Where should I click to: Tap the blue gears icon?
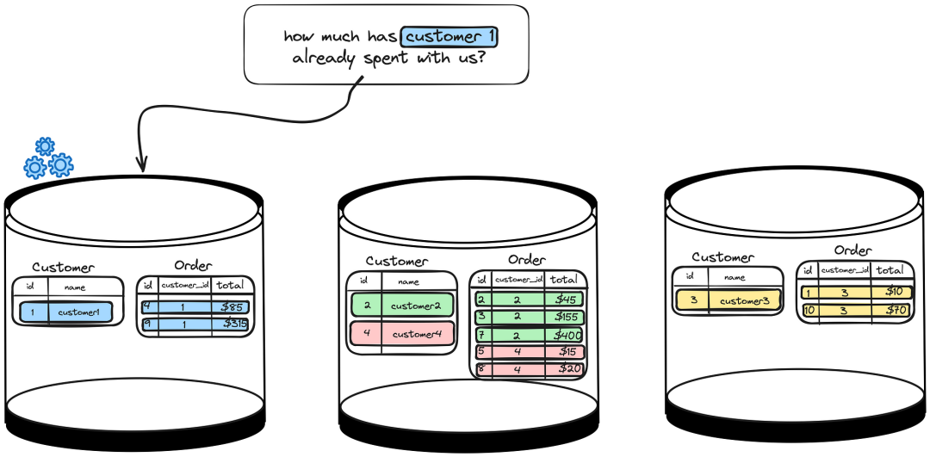point(47,158)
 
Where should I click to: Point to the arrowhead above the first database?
point(141,164)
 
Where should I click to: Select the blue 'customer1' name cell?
point(79,312)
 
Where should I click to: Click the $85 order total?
point(230,306)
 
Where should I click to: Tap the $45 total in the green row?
point(566,300)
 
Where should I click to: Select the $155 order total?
point(566,317)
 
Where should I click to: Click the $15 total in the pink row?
point(566,352)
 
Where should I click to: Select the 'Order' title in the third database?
point(852,250)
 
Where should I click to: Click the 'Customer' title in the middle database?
point(396,261)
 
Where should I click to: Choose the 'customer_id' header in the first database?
point(184,285)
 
